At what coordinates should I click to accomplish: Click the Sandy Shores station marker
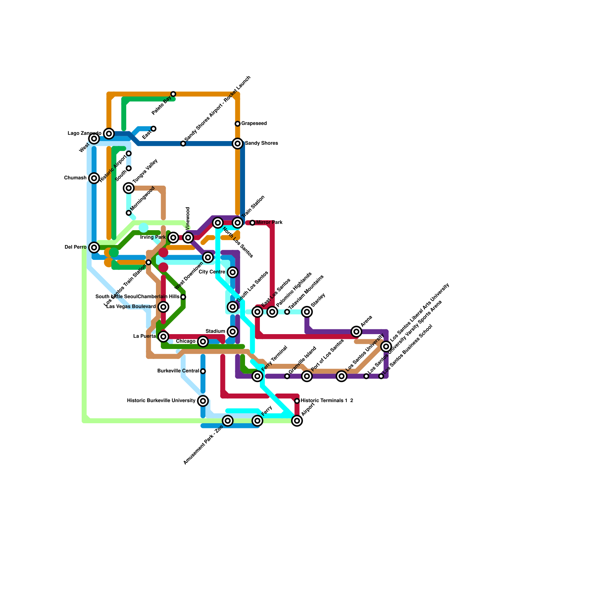point(238,143)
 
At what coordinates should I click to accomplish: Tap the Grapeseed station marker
point(238,124)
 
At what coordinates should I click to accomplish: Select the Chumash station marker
point(94,178)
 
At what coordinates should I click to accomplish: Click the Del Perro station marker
point(94,247)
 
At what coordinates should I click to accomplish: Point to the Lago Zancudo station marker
point(109,134)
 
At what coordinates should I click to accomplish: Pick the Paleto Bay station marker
point(173,94)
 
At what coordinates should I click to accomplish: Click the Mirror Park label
point(269,223)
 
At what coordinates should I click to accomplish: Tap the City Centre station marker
point(233,272)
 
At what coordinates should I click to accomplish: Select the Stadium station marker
point(233,332)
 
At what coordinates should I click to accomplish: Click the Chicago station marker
point(203,342)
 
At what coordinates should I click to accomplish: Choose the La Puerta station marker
point(163,336)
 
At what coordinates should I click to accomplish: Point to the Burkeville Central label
point(178,371)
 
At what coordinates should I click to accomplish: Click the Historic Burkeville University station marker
point(203,401)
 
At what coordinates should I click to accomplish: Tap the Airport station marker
point(297,421)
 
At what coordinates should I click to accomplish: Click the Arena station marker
point(356,332)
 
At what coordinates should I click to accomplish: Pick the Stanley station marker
point(307,312)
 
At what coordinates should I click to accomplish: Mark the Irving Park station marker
point(173,238)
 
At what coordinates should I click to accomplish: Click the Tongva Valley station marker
point(129,188)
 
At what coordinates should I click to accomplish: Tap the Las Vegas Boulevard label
point(131,307)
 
